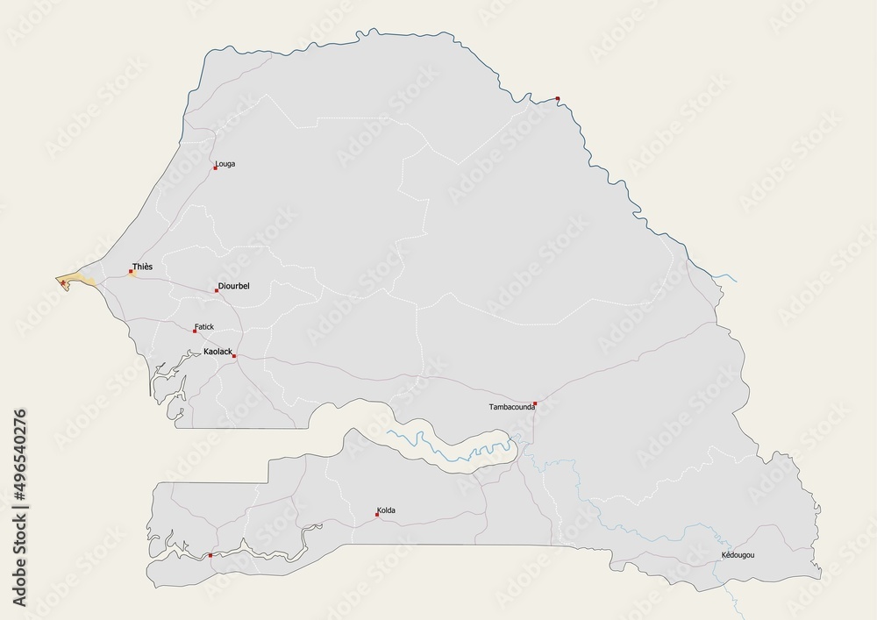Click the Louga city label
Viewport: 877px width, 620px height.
pos(225,164)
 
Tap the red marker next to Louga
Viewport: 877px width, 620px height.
pos(215,167)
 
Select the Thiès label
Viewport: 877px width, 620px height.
pos(142,266)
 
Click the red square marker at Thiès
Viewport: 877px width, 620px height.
pos(132,272)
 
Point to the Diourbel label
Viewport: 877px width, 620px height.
pos(234,286)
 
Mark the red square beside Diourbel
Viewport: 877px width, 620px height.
pos(217,290)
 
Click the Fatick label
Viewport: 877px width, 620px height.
pos(204,326)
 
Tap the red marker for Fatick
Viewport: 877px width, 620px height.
pos(195,331)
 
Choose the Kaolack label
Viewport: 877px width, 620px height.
pos(217,352)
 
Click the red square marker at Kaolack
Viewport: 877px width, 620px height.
pos(234,356)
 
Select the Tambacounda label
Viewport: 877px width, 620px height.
pos(512,408)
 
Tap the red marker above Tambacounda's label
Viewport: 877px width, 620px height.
pos(534,404)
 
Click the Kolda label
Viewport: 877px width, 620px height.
pos(386,510)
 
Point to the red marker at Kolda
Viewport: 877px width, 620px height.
pos(377,515)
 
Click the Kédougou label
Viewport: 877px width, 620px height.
pos(738,556)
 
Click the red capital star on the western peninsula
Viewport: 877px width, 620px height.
pos(63,282)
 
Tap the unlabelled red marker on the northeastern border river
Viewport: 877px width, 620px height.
pos(558,98)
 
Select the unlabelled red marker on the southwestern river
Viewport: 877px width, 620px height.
pos(210,555)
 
